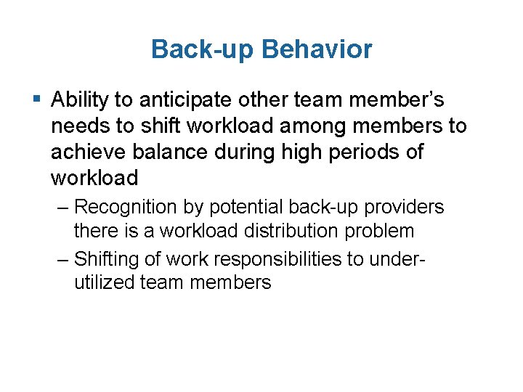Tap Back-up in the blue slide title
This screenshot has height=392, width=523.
tap(203, 49)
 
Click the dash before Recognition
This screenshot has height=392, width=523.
tap(62, 208)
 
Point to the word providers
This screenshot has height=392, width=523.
tap(403, 208)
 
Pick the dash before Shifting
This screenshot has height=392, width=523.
tap(62, 258)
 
